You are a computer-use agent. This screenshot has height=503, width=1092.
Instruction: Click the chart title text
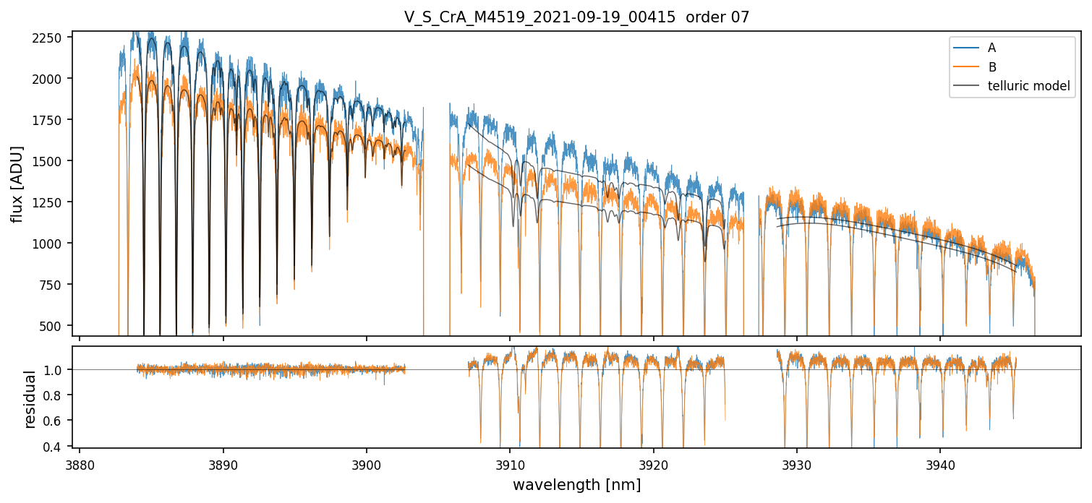tap(576, 17)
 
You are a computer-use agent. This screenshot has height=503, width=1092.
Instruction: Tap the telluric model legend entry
tap(1012, 86)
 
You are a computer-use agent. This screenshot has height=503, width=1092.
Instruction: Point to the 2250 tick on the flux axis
tap(47, 38)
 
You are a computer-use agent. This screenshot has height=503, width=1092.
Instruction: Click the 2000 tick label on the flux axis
tap(47, 79)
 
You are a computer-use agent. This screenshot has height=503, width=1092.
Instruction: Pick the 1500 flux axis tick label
tap(47, 161)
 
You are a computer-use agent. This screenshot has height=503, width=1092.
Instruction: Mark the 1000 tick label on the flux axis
tap(47, 244)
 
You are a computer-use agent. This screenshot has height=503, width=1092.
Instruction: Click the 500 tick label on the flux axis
tap(51, 326)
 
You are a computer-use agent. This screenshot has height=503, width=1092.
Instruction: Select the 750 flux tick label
tap(51, 285)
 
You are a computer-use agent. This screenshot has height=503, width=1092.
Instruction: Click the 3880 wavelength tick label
tap(80, 465)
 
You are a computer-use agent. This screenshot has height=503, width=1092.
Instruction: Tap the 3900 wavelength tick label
tap(367, 465)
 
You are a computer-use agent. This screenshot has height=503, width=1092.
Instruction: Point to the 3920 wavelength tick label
tap(653, 465)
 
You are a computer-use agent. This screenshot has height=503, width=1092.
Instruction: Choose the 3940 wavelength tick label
tap(940, 465)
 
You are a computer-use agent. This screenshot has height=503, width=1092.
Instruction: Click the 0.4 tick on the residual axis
tap(53, 447)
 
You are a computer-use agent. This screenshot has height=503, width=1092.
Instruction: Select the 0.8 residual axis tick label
tap(53, 395)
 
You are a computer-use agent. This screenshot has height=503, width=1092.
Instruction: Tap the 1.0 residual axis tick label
tap(53, 370)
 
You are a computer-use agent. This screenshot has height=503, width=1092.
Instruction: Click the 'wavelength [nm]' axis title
tap(576, 485)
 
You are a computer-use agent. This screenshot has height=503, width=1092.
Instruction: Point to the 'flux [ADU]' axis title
tap(16, 184)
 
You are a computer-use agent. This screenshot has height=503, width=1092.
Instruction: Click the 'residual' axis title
tap(30, 400)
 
